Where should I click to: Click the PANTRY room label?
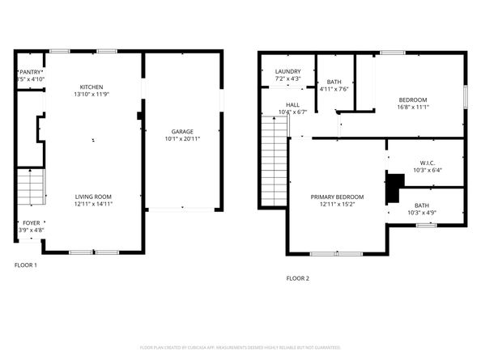[x=31, y=72]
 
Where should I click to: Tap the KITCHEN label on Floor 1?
[x=91, y=87]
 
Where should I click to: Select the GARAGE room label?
[x=181, y=131]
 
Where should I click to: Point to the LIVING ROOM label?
[x=94, y=197]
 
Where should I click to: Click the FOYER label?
[x=31, y=223]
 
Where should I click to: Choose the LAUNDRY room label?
[x=287, y=72]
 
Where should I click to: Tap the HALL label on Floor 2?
[x=292, y=105]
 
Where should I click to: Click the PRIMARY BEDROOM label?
[x=337, y=197]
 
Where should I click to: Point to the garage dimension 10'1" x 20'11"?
[x=182, y=139]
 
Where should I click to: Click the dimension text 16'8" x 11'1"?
[x=412, y=107]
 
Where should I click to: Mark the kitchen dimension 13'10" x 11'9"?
[x=91, y=94]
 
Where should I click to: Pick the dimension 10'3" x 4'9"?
[x=421, y=213]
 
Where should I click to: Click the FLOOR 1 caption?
[x=25, y=265]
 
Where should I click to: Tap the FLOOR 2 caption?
[x=297, y=278]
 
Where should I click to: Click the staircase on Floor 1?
[x=30, y=187]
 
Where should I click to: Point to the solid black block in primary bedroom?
[x=394, y=188]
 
